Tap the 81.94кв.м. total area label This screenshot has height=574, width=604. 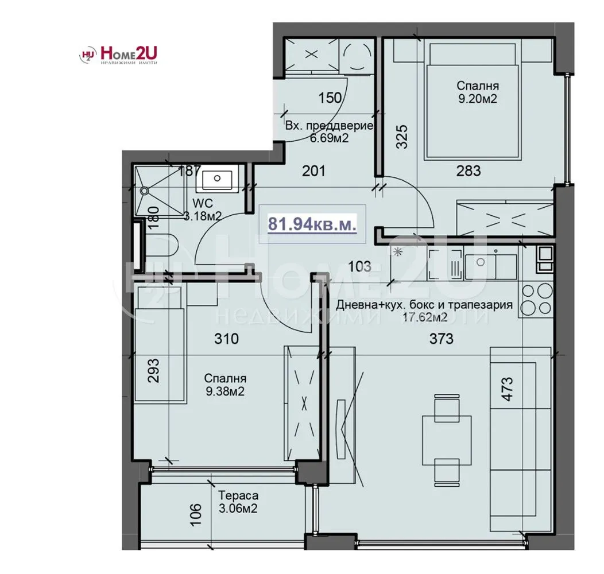coord(312,224)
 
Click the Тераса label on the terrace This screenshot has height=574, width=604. coord(238,495)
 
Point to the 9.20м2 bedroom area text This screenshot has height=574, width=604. coord(477,99)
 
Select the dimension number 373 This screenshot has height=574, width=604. coord(441,339)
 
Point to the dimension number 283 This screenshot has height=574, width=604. coord(468,170)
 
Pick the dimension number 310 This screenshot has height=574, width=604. coord(226,339)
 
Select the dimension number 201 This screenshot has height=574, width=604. coord(314,170)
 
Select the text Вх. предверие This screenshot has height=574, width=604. coord(330,126)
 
